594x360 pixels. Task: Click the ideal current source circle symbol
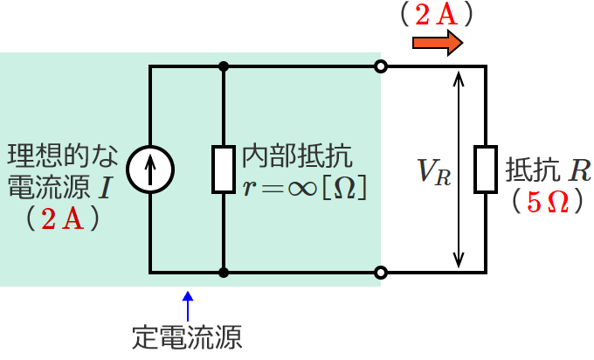(150, 170)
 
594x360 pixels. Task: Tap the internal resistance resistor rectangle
(224, 170)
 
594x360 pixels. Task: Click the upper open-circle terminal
(380, 66)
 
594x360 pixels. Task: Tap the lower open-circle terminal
(380, 273)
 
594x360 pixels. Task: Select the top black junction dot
(224, 66)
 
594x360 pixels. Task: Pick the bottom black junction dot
(224, 273)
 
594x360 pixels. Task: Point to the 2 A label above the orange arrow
(434, 13)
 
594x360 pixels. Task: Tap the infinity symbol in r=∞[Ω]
(312, 187)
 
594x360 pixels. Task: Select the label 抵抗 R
(547, 169)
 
